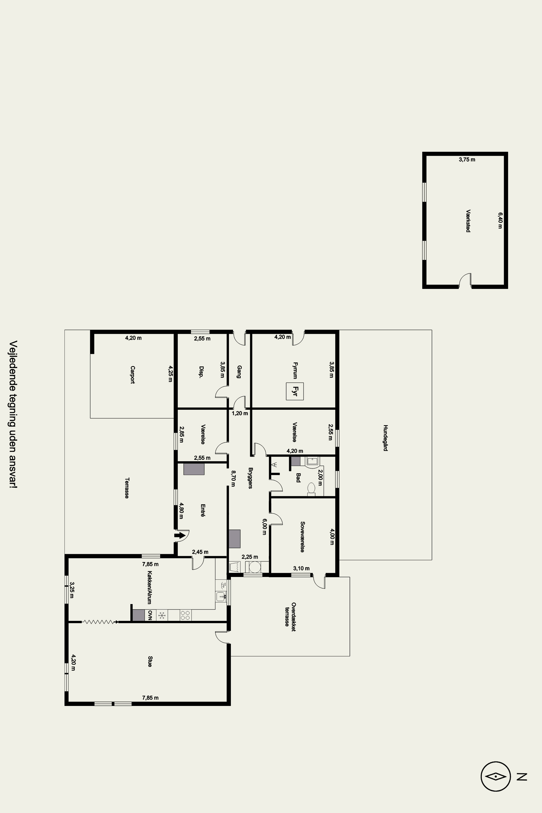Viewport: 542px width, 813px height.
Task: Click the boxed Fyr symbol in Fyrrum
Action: point(295,391)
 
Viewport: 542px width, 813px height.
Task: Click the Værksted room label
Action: point(468,221)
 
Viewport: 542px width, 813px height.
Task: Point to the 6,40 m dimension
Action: point(500,221)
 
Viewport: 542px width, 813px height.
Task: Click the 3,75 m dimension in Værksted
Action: point(467,160)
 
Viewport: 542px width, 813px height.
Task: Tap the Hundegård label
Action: point(385,438)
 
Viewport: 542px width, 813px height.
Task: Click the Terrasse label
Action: point(127,488)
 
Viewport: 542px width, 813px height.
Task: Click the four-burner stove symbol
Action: point(185,615)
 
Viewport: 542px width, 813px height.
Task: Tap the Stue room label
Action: point(150,661)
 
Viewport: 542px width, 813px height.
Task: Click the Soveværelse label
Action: point(302,537)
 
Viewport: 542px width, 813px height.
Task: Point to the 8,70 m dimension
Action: point(233,478)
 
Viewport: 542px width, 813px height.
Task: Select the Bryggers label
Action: point(250,478)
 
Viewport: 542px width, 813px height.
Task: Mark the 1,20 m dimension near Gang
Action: point(240,413)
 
